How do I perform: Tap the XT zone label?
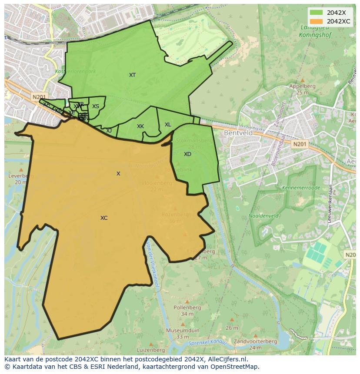tap(132, 75)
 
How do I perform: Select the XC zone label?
tap(104, 218)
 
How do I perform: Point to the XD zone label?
tap(187, 154)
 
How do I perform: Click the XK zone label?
tap(140, 126)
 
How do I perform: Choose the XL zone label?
tap(168, 125)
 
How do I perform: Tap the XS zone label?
tap(96, 106)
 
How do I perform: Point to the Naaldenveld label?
tap(263, 216)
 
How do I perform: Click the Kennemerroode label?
tap(301, 188)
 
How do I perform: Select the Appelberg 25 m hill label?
tap(302, 89)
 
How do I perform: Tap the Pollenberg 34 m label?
tap(187, 310)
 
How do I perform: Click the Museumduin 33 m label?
tap(182, 334)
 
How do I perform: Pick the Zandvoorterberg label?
tap(255, 341)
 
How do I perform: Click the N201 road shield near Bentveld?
tap(299, 144)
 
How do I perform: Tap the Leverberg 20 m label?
tap(20, 179)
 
